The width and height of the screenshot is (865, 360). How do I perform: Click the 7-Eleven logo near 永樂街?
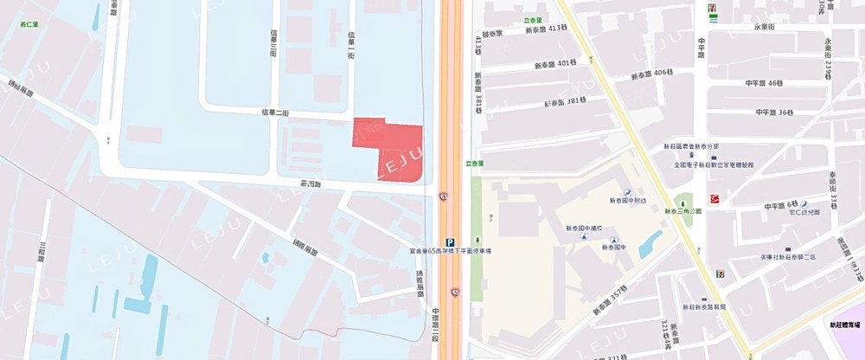pyautogui.click(x=711, y=7)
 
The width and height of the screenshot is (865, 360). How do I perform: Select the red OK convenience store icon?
pyautogui.click(x=715, y=200)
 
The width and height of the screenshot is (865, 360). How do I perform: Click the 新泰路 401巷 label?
pyautogui.click(x=554, y=63)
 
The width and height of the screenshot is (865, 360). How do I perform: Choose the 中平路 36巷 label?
pyautogui.click(x=773, y=112)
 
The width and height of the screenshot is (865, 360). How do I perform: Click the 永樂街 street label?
pyautogui.click(x=768, y=27)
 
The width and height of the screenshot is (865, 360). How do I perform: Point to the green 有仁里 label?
pyautogui.click(x=32, y=25)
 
